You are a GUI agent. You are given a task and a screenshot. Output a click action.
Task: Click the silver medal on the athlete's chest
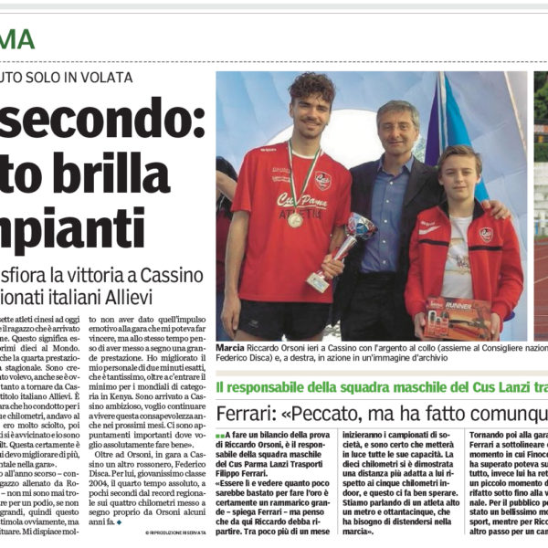[x=295, y=220]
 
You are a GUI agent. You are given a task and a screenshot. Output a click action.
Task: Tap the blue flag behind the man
[x=462, y=137]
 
